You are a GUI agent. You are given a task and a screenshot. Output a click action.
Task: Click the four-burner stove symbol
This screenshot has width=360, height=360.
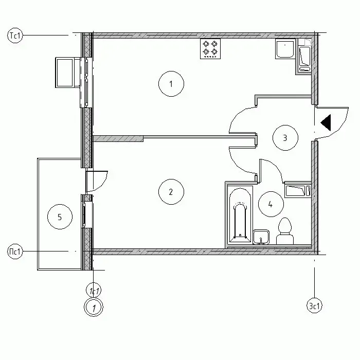pos(210,49)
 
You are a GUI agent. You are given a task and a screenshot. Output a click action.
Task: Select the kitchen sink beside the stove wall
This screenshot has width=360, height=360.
pos(285,49)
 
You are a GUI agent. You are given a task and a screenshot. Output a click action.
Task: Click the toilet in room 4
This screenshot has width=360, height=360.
pos(285,231)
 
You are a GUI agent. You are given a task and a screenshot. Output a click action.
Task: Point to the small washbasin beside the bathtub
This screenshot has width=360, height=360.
pos(261,237)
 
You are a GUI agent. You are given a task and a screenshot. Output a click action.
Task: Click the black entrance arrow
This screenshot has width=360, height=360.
pos(326,122)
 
